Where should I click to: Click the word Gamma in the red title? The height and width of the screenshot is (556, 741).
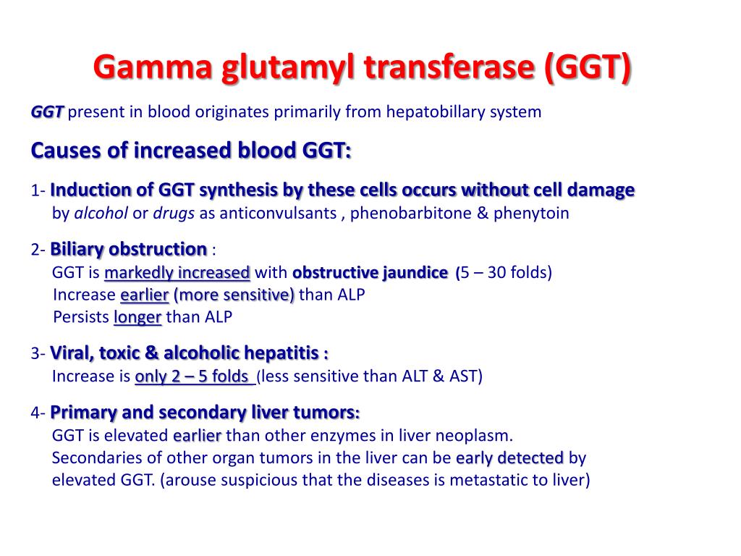pyautogui.click(x=153, y=66)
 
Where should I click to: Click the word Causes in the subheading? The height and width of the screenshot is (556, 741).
pyautogui.click(x=66, y=151)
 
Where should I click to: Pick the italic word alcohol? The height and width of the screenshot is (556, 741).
pyautogui.click(x=101, y=213)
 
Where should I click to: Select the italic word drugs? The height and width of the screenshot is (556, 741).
pyautogui.click(x=174, y=214)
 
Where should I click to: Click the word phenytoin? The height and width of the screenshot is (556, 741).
pyautogui.click(x=531, y=214)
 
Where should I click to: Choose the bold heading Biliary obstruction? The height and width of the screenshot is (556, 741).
pyautogui.click(x=129, y=249)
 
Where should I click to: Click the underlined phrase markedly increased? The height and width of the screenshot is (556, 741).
pyautogui.click(x=177, y=273)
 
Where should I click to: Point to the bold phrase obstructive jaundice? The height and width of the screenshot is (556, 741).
pyautogui.click(x=370, y=273)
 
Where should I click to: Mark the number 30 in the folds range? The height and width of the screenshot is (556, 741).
pyautogui.click(x=496, y=272)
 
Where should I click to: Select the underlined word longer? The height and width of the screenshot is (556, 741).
pyautogui.click(x=137, y=317)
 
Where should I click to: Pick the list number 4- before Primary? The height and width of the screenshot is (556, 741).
pyautogui.click(x=38, y=413)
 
